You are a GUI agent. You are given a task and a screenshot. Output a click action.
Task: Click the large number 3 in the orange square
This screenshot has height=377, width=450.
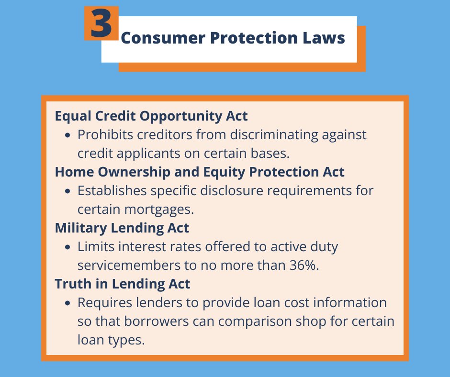click(101, 24)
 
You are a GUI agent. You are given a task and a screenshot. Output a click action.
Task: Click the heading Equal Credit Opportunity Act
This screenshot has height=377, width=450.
click(151, 116)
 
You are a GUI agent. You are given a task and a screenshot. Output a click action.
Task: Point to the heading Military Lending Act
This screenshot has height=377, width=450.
click(122, 228)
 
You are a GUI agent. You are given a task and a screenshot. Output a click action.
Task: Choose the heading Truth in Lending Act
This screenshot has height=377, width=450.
click(123, 284)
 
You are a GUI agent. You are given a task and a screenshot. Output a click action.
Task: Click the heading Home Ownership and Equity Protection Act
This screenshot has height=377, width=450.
click(200, 172)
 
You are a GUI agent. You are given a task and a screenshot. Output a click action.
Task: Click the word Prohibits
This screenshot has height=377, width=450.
click(106, 135)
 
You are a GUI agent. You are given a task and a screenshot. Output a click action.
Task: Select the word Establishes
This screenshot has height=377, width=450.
click(112, 191)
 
